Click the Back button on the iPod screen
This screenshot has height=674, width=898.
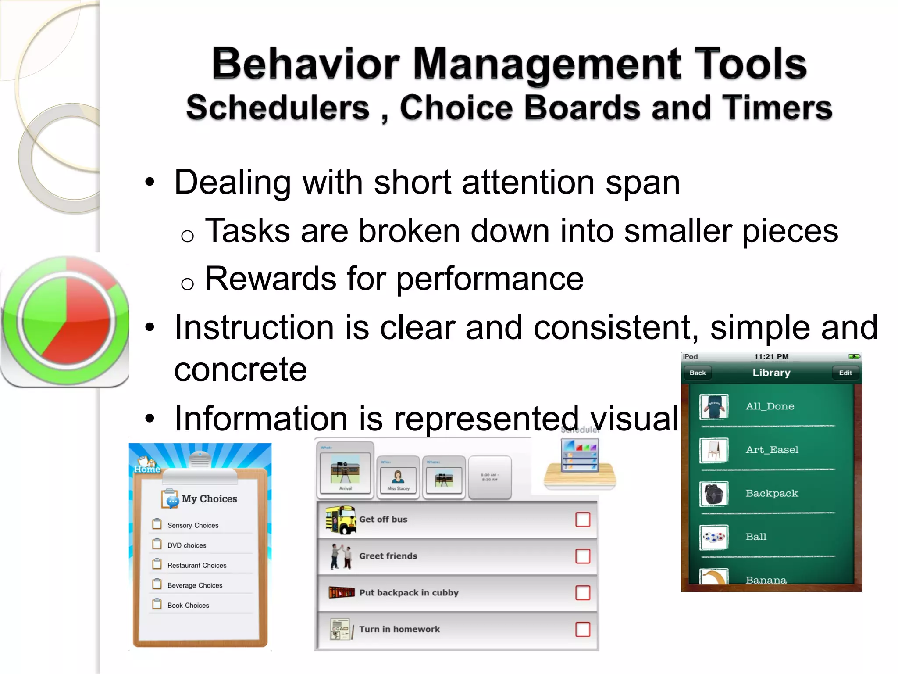[697, 373]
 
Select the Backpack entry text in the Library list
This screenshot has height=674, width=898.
[772, 493]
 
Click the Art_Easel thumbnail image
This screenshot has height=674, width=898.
[714, 450]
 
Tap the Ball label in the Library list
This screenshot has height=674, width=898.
[756, 537]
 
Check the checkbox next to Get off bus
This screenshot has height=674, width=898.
[583, 520]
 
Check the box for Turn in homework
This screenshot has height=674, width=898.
[583, 629]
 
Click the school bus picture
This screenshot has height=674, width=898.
[341, 520]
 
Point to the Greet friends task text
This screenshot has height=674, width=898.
[388, 556]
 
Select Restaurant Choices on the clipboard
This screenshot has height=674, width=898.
[197, 565]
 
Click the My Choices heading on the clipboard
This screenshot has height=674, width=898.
[209, 499]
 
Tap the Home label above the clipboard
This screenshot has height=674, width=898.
[147, 469]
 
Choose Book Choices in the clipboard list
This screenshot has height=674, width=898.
[188, 605]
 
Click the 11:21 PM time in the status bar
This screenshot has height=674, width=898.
[771, 357]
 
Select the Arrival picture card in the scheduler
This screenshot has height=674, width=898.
[346, 473]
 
